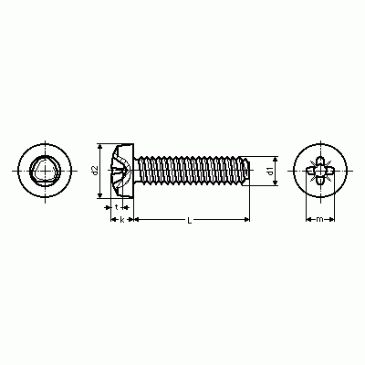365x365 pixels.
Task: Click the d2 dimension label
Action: (95, 171)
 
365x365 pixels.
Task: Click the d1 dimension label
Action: (270, 172)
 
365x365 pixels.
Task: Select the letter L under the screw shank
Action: (190, 221)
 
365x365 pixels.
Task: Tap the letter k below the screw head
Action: (122, 220)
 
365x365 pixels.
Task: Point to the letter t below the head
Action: (117, 207)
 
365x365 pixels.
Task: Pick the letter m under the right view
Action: (319, 219)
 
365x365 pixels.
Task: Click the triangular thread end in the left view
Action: (45, 171)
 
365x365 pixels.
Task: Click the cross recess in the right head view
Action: (320, 171)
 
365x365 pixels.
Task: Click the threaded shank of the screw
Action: (191, 171)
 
